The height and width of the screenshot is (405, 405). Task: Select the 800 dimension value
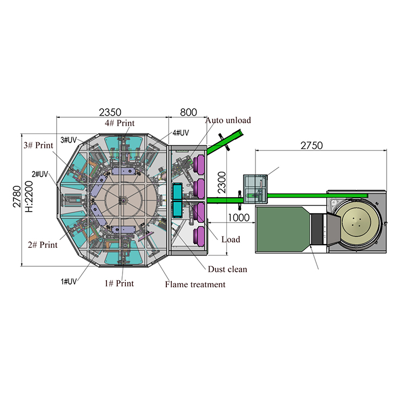point(187,112)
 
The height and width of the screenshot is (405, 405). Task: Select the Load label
point(230,239)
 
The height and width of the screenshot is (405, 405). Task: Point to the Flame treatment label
point(195,284)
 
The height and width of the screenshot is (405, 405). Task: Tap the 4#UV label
point(180,132)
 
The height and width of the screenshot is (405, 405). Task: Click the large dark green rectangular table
point(281,230)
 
